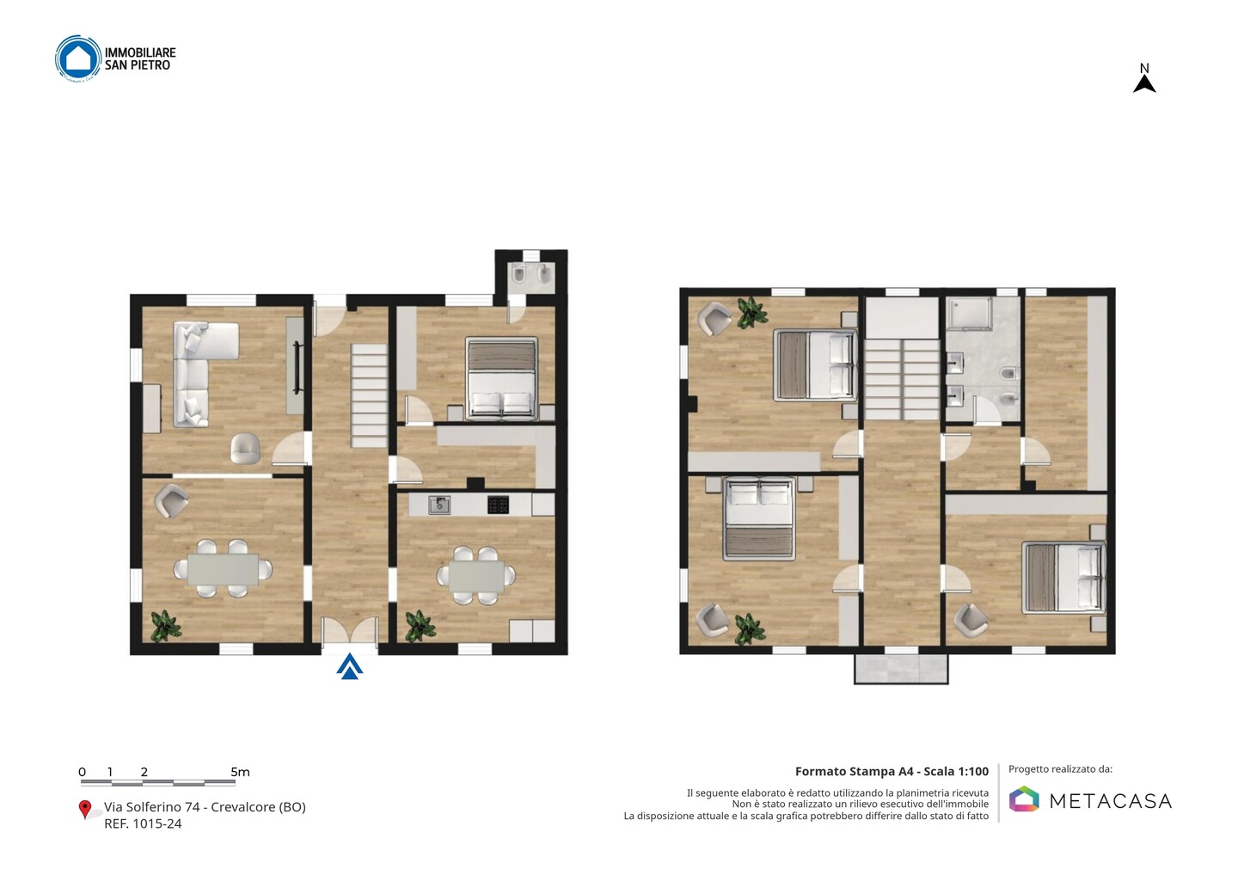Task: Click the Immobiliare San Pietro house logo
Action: point(78,58)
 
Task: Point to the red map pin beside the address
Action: point(84,810)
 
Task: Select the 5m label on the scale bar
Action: point(240,772)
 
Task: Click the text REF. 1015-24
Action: point(143,823)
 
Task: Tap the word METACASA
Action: point(1111,801)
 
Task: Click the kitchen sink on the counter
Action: point(439,505)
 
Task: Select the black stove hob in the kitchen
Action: point(498,505)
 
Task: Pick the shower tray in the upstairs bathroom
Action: point(969,315)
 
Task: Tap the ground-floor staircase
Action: point(369,395)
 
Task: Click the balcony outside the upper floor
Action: point(901,669)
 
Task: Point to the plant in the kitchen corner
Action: point(420,626)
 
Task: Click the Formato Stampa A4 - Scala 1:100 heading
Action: point(892,771)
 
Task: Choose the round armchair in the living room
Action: point(245,448)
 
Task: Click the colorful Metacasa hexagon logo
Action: point(1024,799)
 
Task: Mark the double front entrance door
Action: point(350,631)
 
